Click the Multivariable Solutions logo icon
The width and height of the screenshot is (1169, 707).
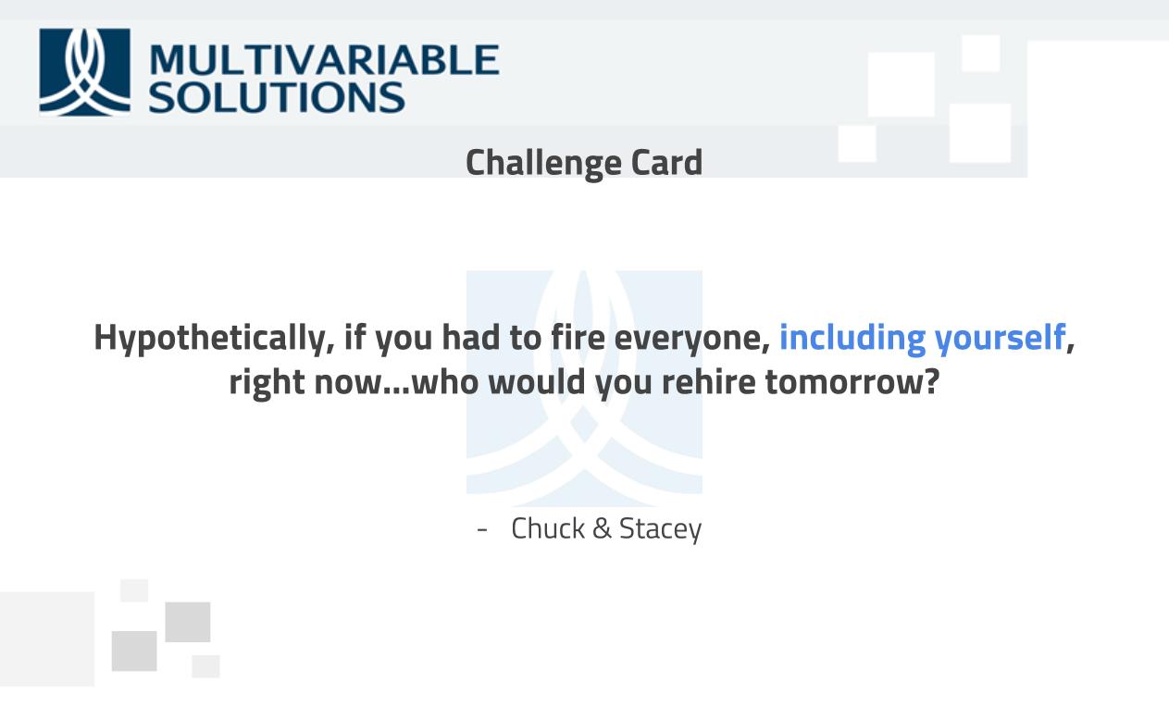[84, 71]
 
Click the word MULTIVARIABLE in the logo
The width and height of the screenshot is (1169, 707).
[323, 60]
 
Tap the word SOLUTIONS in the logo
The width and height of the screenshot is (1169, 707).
[276, 97]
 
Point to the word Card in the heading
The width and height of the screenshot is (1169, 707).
[666, 163]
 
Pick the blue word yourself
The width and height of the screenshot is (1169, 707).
[1000, 339]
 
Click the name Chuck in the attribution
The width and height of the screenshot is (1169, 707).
[548, 528]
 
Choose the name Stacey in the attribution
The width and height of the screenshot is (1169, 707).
[660, 529]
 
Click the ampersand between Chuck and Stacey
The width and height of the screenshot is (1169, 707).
[602, 528]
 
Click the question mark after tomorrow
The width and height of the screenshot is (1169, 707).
[931, 381]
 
